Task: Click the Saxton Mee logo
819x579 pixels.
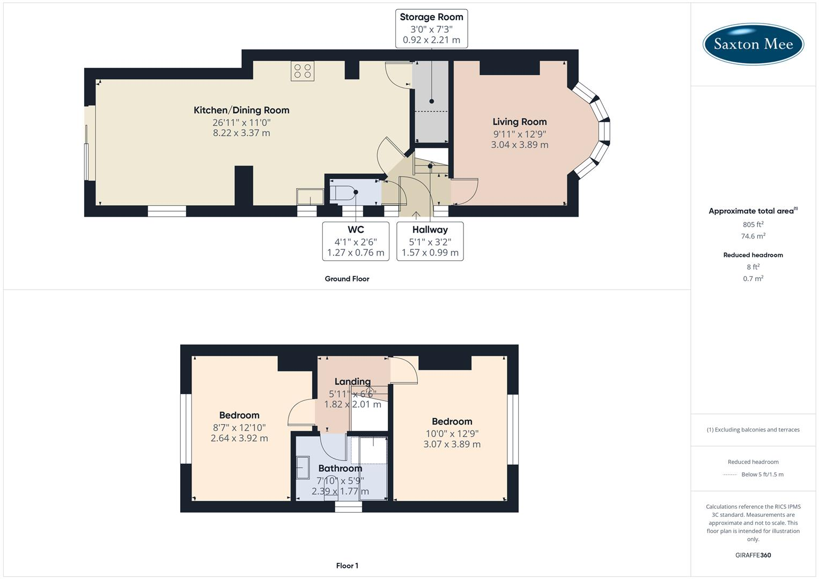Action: click(x=753, y=44)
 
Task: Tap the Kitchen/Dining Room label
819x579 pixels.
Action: click(x=241, y=110)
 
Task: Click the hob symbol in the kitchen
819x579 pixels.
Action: click(x=302, y=71)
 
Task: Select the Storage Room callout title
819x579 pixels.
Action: click(x=431, y=17)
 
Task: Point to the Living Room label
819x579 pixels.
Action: click(x=519, y=122)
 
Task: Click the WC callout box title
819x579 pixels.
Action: click(x=356, y=229)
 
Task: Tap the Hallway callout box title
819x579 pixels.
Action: click(x=430, y=229)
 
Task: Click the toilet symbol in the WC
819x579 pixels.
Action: click(x=344, y=192)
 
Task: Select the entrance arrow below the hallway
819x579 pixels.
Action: click(x=417, y=215)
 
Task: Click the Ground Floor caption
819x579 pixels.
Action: click(x=346, y=279)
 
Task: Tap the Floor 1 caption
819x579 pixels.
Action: click(x=346, y=566)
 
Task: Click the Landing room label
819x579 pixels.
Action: click(x=352, y=382)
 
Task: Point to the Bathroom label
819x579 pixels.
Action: click(x=340, y=469)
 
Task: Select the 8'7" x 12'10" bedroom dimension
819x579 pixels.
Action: click(x=239, y=427)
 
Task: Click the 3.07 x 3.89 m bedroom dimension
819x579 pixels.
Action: click(x=452, y=444)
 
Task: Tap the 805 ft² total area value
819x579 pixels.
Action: click(x=753, y=225)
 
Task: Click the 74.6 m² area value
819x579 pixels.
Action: click(x=753, y=236)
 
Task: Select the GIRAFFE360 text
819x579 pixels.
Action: click(x=753, y=555)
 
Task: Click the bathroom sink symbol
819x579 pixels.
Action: click(x=303, y=467)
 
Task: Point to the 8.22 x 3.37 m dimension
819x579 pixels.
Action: click(x=241, y=133)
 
